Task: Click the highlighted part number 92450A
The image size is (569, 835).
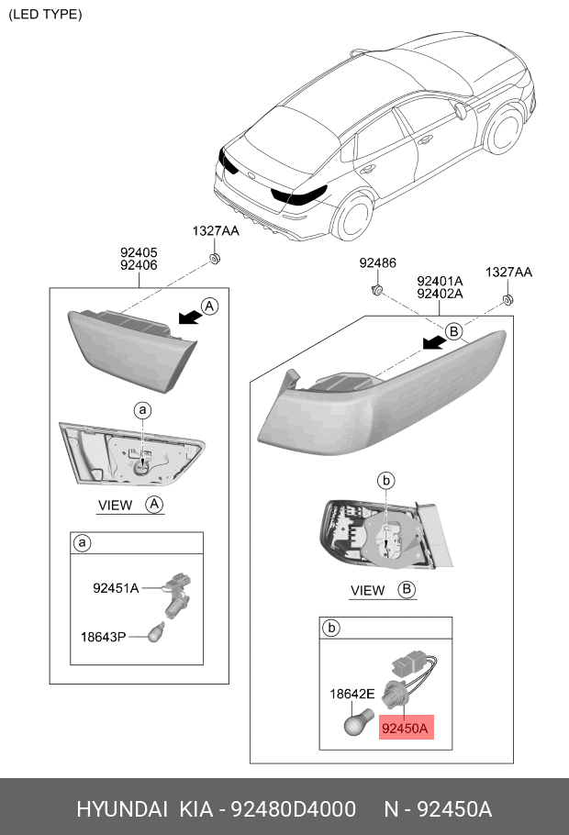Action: (405, 729)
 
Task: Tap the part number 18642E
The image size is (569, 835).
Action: (351, 695)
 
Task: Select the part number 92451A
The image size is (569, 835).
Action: (116, 588)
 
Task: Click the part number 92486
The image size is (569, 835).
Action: (377, 263)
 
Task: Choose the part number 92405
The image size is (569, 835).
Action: (139, 250)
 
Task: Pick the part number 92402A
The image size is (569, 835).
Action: (440, 295)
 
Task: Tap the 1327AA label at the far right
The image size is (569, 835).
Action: (508, 273)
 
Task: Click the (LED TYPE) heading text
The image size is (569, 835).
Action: (45, 14)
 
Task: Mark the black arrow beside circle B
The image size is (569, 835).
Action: (434, 342)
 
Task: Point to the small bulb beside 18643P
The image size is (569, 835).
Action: (158, 634)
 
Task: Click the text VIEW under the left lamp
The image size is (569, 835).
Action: (116, 505)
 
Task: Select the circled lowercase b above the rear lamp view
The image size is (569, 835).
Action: (386, 480)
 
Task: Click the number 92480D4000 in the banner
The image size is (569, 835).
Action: (293, 809)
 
